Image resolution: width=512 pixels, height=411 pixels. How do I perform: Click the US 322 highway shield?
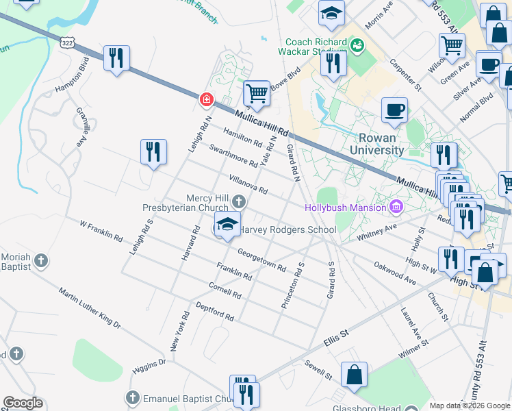point(66,42)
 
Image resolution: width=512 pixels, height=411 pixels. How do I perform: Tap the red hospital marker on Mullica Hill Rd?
point(205,100)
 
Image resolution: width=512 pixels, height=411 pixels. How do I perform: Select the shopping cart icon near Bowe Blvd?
point(256,93)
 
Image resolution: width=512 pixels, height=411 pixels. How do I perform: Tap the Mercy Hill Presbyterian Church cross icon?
point(238,201)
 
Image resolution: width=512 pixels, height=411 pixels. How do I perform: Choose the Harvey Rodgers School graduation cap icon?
point(227,224)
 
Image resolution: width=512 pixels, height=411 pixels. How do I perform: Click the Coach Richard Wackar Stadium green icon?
point(356,46)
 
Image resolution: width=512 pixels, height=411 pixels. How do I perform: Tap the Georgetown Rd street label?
point(261,258)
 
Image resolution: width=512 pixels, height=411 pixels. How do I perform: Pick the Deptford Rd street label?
point(215,311)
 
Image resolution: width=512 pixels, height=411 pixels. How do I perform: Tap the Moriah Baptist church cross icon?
point(41,260)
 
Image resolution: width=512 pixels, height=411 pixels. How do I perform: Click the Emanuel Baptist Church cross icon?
point(133,397)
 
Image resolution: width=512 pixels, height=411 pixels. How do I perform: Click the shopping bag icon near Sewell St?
point(355,375)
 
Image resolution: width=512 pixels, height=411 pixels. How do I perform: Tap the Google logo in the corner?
point(23,403)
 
